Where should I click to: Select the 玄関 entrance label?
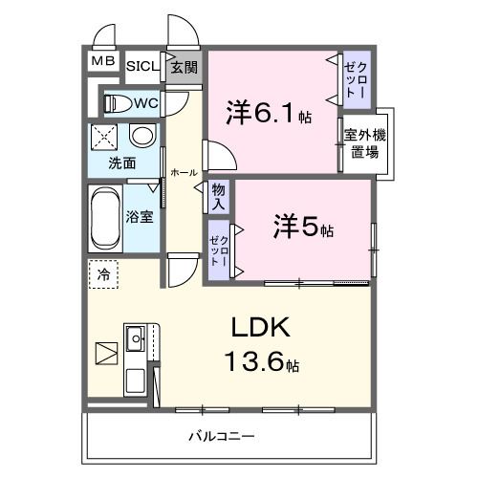[184, 67]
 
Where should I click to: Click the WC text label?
[145, 102]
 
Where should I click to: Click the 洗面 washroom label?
[121, 163]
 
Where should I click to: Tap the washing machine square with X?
[104, 137]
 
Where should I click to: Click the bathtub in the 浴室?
[103, 216]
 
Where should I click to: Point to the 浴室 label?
[141, 216]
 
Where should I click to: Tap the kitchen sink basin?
[135, 337]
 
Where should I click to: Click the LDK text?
[258, 328]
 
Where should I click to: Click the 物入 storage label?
[219, 196]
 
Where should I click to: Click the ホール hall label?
[184, 173]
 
